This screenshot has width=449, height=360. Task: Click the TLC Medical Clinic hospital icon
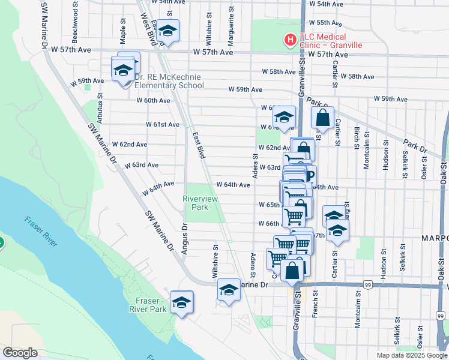click(x=291, y=40)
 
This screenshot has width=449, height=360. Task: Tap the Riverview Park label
click(x=195, y=202)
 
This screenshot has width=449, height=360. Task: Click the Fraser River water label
click(x=41, y=232)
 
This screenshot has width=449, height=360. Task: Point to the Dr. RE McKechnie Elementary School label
click(x=169, y=81)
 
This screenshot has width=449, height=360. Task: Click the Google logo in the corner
click(x=20, y=353)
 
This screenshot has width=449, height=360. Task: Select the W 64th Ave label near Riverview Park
click(x=233, y=185)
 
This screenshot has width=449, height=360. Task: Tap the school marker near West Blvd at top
click(x=169, y=31)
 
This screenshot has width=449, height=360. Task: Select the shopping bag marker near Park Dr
click(x=322, y=118)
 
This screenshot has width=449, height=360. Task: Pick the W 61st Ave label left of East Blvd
click(x=163, y=125)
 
